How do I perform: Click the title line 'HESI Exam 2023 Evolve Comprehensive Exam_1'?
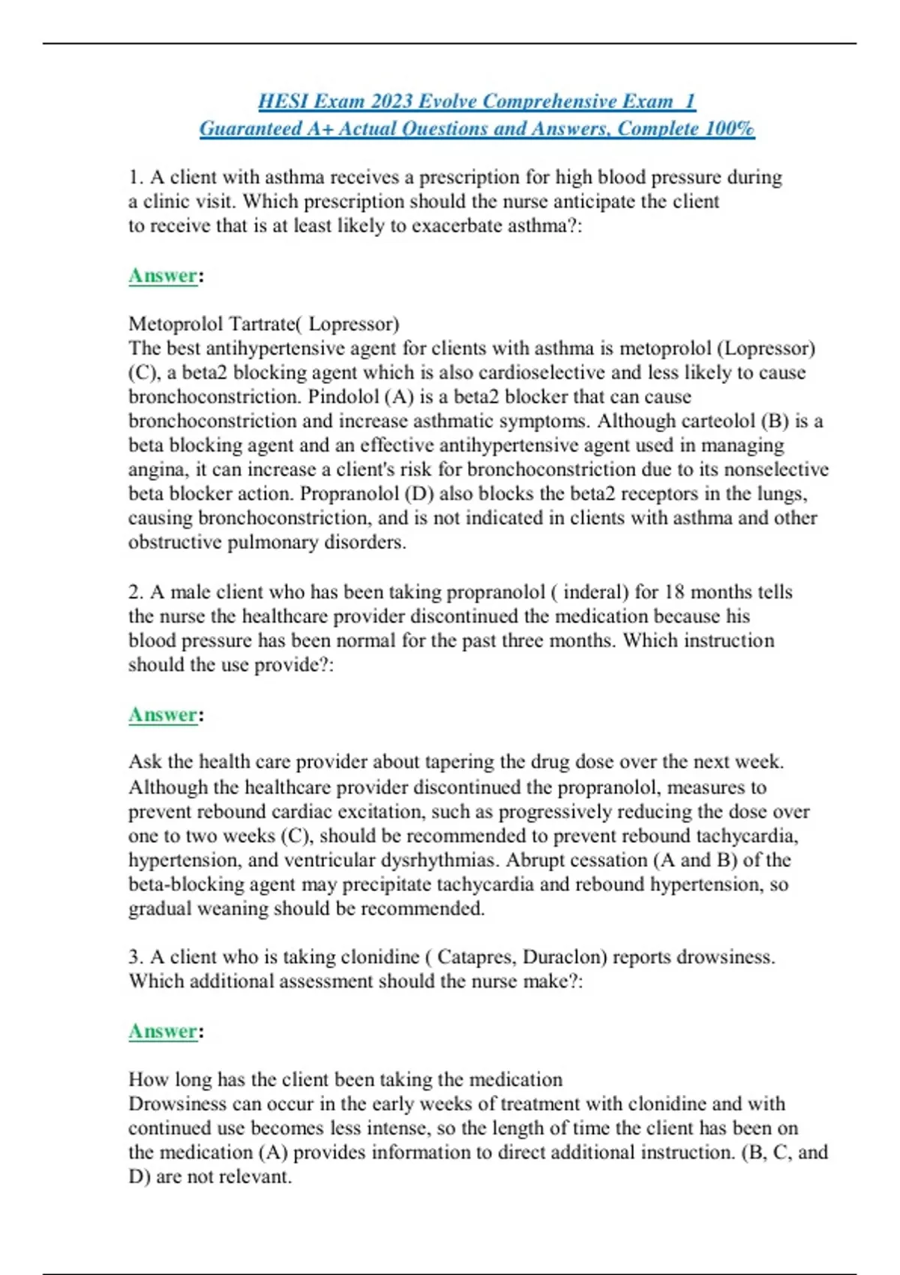click(x=477, y=101)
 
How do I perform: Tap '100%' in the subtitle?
click(x=730, y=129)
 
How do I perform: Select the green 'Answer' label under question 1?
click(x=163, y=276)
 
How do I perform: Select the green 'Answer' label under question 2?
click(x=163, y=715)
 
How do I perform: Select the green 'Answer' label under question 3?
click(x=163, y=1031)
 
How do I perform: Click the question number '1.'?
click(x=136, y=178)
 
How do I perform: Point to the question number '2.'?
click(x=136, y=592)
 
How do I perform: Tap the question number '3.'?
click(x=136, y=958)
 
